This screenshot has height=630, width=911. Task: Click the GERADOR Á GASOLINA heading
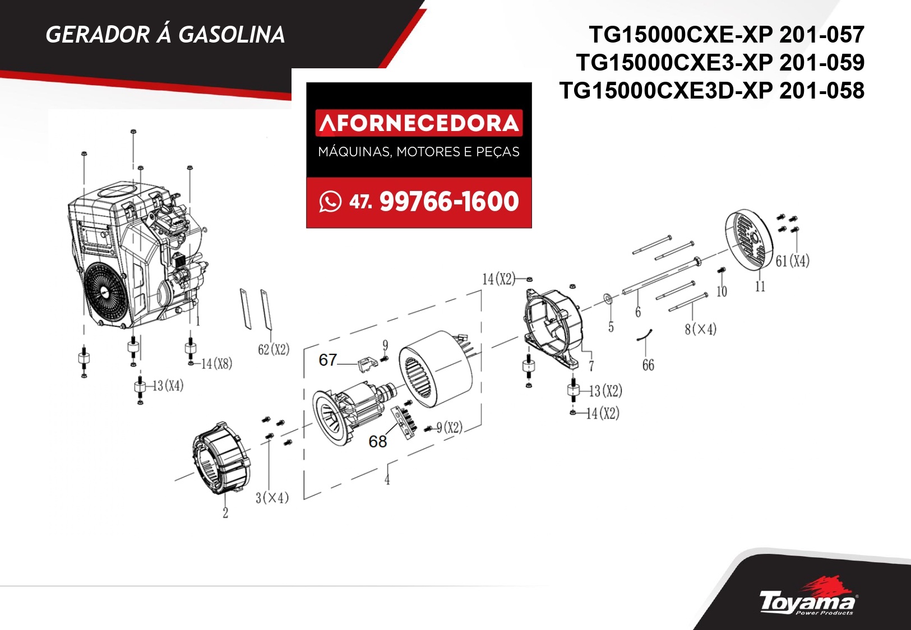coord(165,35)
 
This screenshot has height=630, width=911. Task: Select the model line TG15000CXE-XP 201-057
coord(727,35)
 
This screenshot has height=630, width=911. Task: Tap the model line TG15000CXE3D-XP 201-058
coord(712,90)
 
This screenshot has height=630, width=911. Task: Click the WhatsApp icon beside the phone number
coord(330,202)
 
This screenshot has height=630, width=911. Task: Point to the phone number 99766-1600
coord(449,202)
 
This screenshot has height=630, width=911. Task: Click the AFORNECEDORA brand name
coord(419,123)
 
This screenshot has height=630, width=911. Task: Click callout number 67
coord(328,360)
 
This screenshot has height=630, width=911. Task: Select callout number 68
coord(377,441)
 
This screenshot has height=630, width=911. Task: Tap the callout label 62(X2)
coord(274,349)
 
